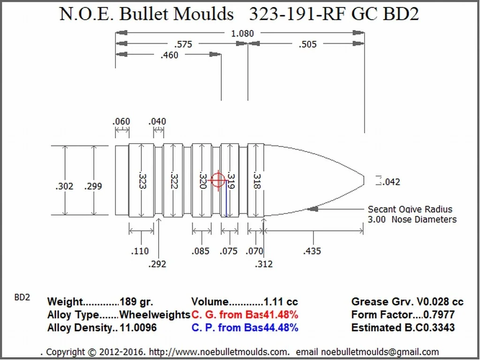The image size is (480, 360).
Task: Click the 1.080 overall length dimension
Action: point(243,33)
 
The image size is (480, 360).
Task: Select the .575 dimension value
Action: point(183,45)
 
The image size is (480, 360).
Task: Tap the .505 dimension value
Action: point(307,45)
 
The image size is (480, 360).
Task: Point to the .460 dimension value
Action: point(169,55)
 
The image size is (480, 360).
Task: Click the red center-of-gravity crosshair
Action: point(218,180)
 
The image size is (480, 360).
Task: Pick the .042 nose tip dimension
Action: point(391,182)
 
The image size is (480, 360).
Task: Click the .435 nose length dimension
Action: point(312,251)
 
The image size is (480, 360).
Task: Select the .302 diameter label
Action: point(64,186)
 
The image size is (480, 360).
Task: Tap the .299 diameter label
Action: point(93,186)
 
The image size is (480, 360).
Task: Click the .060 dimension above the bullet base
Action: point(121,122)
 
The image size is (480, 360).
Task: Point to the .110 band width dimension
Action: point(140,252)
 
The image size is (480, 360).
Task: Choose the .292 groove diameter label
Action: point(157,264)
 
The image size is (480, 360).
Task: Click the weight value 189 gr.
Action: point(137,302)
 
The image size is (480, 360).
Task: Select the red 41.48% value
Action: point(281,314)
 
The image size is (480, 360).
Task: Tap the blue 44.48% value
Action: point(281,328)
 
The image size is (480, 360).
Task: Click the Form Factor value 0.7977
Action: point(439,314)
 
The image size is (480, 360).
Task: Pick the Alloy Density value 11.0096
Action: point(138,328)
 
